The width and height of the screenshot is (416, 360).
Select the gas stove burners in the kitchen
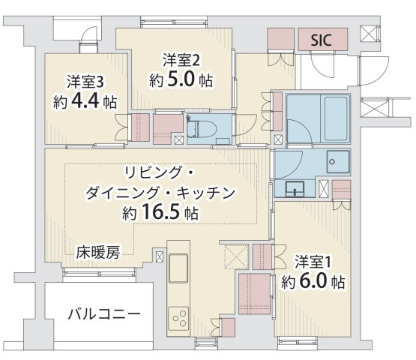click(180, 318)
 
